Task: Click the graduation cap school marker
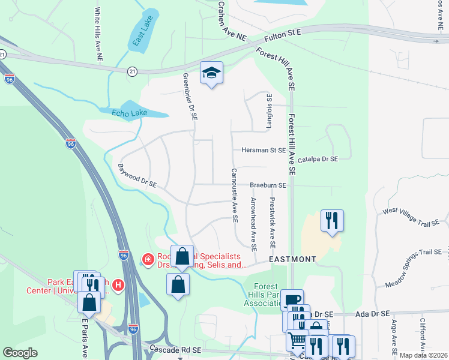[x=211, y=73]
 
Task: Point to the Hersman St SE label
[x=264, y=150]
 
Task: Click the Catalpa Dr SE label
[x=318, y=159]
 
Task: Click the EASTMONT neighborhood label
[x=292, y=259]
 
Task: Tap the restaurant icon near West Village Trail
[x=331, y=220]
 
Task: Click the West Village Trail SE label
[x=411, y=217]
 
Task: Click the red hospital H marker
[x=119, y=284]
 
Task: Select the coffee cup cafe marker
[x=292, y=300]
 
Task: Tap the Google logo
[x=20, y=353]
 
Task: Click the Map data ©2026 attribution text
[x=423, y=355]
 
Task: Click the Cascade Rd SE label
[x=175, y=349]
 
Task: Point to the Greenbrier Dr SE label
[x=190, y=98]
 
